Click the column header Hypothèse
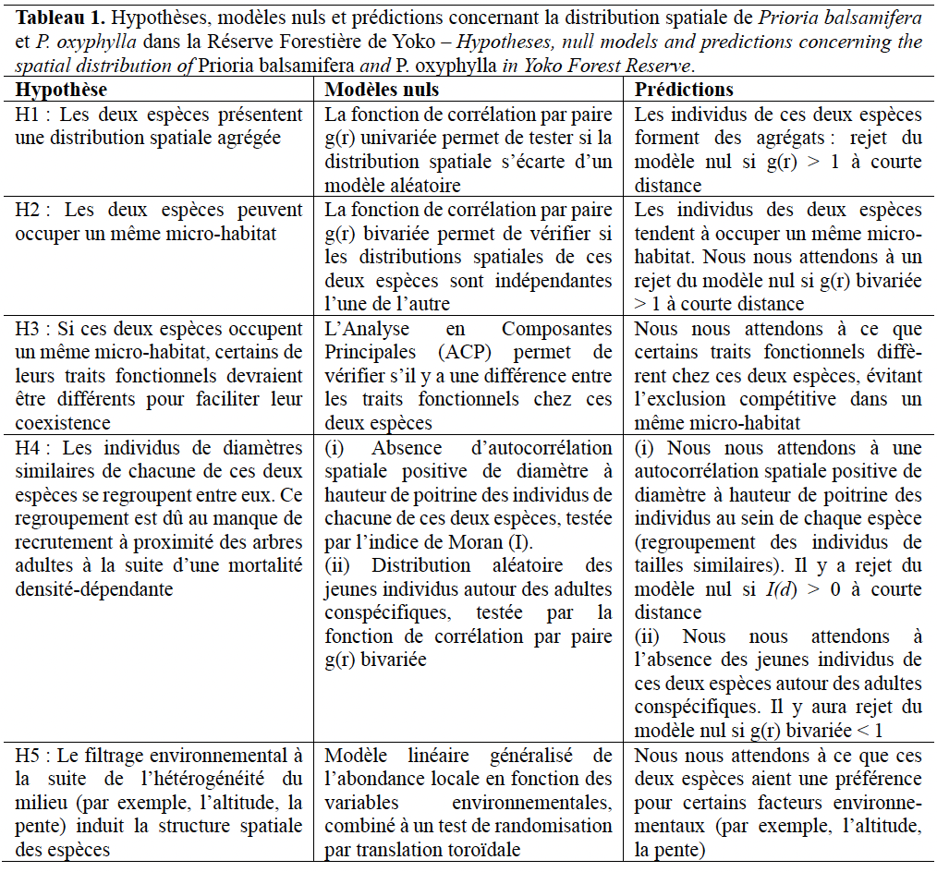62,90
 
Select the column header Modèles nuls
382,90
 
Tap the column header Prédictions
684,90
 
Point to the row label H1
28,115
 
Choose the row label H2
28,210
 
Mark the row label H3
28,329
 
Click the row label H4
28,447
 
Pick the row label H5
28,755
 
